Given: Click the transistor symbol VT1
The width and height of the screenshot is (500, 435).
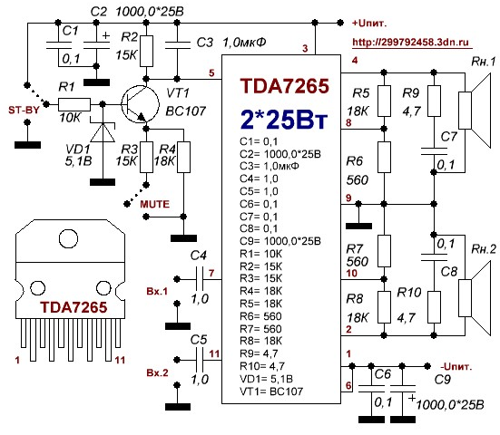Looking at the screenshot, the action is pos(140,104).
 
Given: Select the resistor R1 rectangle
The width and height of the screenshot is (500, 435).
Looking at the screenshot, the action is pos(74,104).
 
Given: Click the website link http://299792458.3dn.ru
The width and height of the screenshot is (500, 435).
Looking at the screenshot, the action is pos(411,42).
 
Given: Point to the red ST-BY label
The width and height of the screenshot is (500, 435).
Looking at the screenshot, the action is pos(24,111).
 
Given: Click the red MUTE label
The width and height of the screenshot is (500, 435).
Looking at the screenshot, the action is pos(154,204).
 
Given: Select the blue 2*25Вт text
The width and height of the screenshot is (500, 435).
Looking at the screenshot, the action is pos(283,120).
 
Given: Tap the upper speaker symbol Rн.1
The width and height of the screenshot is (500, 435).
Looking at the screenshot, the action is pos(475,111).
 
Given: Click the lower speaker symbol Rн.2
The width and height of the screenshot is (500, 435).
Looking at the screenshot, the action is pos(475,298).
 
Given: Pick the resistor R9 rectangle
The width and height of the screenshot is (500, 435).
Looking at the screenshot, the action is pos(434,101).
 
